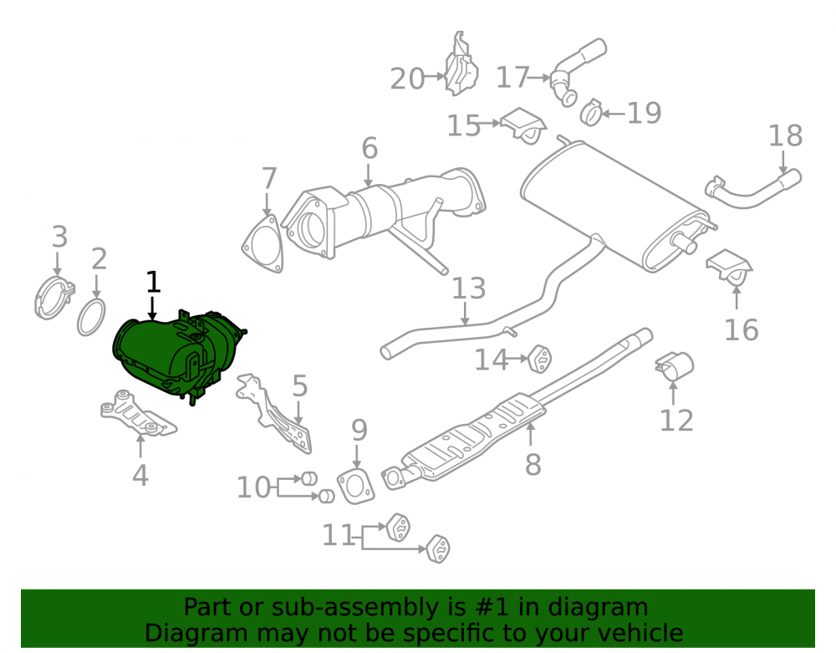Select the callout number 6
(x=370, y=148)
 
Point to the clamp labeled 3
(x=54, y=298)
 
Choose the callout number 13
(x=469, y=288)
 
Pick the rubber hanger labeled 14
(x=539, y=359)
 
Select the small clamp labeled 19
(x=591, y=113)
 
